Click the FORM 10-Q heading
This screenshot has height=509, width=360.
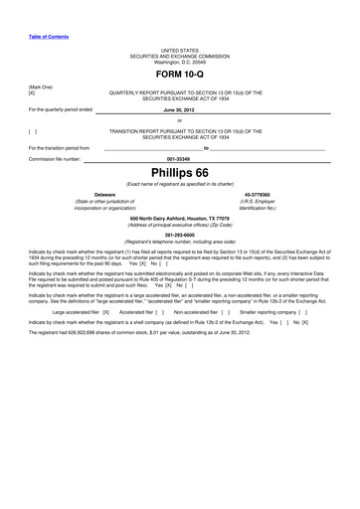click(180, 74)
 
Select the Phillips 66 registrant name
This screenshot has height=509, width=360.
click(180, 171)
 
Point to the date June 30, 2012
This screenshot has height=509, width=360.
click(180, 109)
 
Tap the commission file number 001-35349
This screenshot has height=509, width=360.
click(180, 158)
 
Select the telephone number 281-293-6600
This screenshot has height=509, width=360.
click(180, 235)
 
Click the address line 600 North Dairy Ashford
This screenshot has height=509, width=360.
click(180, 217)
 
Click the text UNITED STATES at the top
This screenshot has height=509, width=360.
click(180, 49)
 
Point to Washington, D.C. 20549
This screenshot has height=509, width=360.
click(180, 61)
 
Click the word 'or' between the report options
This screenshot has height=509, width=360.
click(180, 119)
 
